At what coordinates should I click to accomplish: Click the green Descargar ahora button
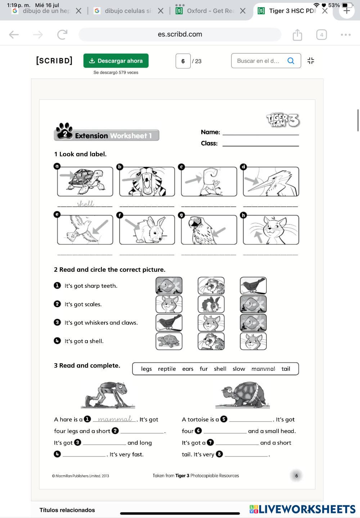pos(116,61)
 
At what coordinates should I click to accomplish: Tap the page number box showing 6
pos(183,61)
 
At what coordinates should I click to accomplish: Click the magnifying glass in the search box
pos(291,61)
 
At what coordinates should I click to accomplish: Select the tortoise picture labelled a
pos(85,181)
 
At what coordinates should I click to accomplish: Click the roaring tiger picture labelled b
pos(147,181)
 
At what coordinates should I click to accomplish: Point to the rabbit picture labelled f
pos(147,230)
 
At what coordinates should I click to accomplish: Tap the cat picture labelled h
pos(271,230)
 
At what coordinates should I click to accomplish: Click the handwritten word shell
pos(86,204)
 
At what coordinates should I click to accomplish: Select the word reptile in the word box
pos(167,369)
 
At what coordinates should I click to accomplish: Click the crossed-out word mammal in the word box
pos(263,369)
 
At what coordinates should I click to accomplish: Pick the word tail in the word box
pos(286,369)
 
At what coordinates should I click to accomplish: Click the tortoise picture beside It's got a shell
pos(169,341)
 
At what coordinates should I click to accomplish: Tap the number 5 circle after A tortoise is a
pos(224,419)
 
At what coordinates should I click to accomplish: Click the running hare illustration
pos(108,395)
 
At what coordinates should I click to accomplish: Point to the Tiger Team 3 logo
pos(283,120)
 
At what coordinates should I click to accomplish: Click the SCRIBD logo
pos(54,60)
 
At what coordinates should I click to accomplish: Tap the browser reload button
pos(62,35)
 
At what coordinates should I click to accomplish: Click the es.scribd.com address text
pos(180,34)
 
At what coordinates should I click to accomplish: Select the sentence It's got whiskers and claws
pos(101,323)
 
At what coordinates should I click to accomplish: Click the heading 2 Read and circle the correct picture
pos(110,270)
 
